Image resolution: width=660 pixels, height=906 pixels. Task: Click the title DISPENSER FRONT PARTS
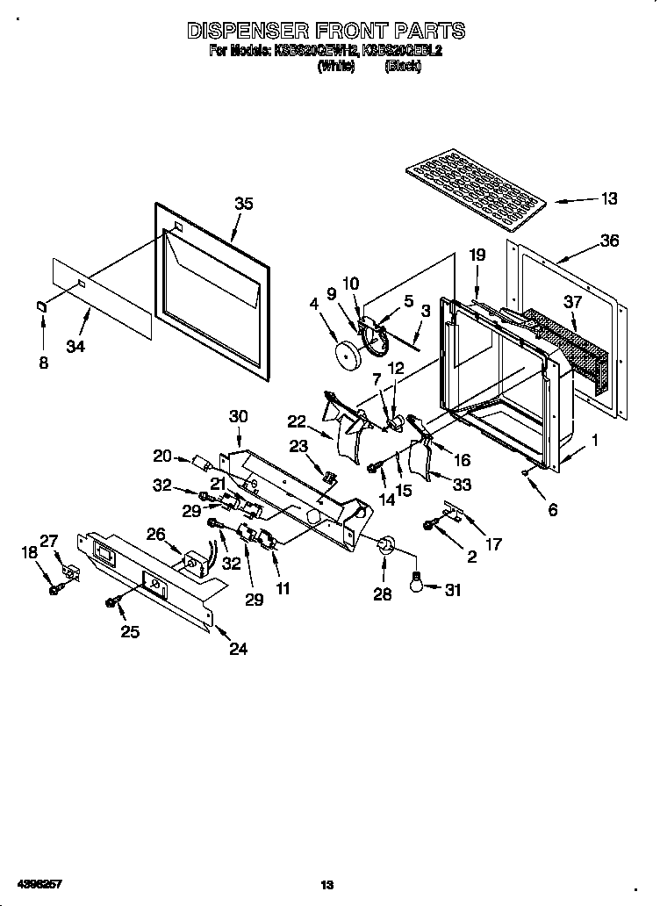click(326, 32)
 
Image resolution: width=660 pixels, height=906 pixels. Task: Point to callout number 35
click(243, 204)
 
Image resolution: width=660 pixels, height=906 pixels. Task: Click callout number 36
click(609, 241)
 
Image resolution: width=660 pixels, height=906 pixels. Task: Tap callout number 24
click(237, 650)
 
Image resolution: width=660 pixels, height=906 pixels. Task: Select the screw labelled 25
click(112, 602)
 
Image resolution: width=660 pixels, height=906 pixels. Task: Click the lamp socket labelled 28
click(384, 549)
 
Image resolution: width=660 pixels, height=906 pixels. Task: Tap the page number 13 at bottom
click(327, 885)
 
